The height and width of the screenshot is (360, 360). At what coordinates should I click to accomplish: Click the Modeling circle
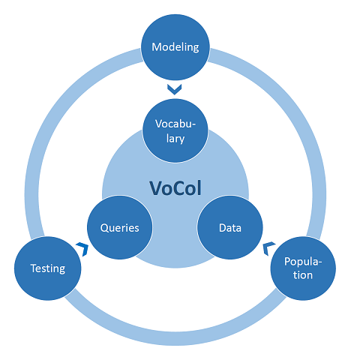pos(175,47)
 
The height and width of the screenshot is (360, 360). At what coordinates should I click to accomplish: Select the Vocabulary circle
pos(175,130)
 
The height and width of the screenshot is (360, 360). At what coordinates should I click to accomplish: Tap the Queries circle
pos(120,227)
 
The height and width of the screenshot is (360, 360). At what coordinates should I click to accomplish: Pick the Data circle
pos(230,227)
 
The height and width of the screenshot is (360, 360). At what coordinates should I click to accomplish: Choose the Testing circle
pos(48,268)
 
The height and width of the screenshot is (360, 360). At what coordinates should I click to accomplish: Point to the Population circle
pos(303,268)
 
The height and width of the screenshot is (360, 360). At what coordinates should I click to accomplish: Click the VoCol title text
pos(175,188)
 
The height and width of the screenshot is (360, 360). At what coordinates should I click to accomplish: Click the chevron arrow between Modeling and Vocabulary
pos(175,90)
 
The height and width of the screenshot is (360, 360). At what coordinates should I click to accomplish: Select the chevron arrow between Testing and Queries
pos(83,248)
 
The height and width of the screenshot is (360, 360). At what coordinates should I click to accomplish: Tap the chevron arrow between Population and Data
pos(268,248)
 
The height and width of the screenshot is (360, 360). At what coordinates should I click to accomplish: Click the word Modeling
pos(175,47)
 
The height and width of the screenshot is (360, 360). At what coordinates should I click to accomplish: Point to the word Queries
pos(120,228)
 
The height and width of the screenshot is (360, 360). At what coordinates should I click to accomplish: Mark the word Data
pos(230,228)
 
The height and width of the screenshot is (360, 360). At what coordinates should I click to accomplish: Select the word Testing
pos(48,268)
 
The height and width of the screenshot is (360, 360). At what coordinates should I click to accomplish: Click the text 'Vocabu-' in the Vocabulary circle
pos(175,124)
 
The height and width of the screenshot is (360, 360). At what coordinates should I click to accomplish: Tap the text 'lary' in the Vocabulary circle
pos(175,139)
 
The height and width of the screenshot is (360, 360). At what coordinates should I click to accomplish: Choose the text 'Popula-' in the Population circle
pos(303,262)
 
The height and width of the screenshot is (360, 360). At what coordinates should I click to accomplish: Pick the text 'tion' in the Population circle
pos(303,275)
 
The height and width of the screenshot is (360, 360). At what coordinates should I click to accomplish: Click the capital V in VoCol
pos(157,188)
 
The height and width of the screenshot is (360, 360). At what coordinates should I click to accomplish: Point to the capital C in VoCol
pos(184,188)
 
